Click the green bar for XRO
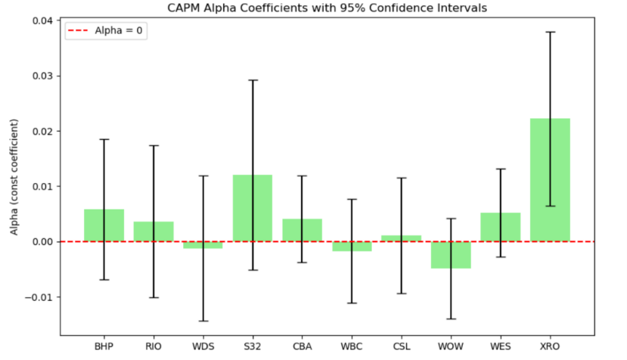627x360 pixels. click(x=550, y=180)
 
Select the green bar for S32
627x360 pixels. click(x=252, y=208)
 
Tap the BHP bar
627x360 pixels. click(x=104, y=225)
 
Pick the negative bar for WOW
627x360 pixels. click(x=451, y=255)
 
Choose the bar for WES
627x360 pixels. click(x=500, y=227)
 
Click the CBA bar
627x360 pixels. click(x=302, y=230)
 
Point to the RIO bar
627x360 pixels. click(x=154, y=231)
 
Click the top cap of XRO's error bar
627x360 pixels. click(x=550, y=32)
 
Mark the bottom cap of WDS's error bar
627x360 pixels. click(x=203, y=321)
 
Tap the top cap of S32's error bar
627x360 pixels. click(x=252, y=79)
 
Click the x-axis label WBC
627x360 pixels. click(x=351, y=347)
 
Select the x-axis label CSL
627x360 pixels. click(x=401, y=347)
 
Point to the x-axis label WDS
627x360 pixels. click(x=203, y=347)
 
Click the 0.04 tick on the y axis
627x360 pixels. click(x=40, y=20)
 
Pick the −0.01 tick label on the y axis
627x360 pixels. click(x=37, y=296)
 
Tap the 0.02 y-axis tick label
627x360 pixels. click(x=40, y=131)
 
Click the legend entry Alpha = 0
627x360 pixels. click(x=106, y=33)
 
